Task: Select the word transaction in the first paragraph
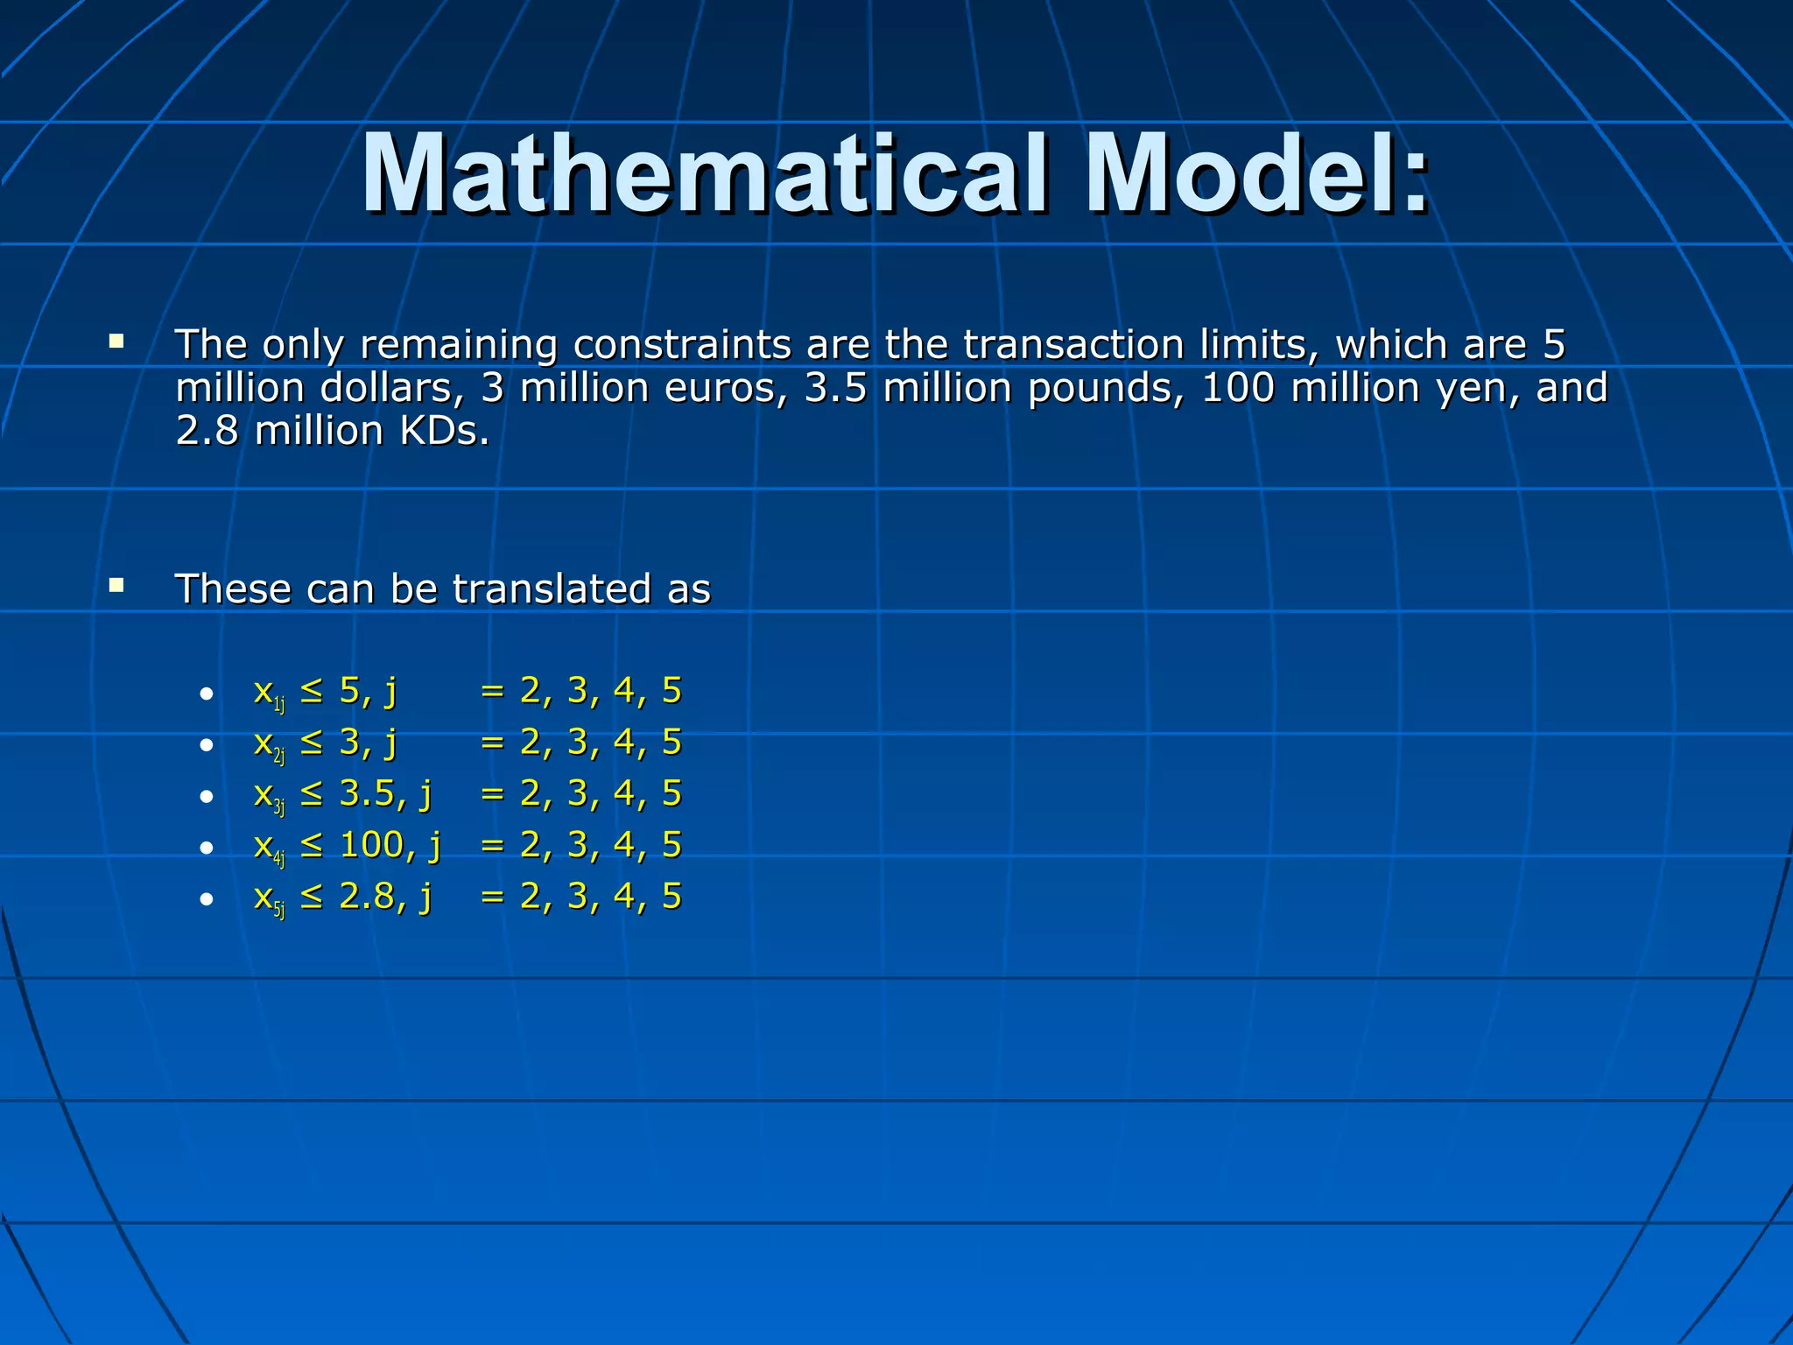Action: pyautogui.click(x=1073, y=344)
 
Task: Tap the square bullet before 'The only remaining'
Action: pyautogui.click(x=116, y=341)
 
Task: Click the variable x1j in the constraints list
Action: pyautogui.click(x=268, y=694)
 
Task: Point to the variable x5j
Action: pyautogui.click(x=268, y=900)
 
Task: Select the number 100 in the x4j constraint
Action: pyautogui.click(x=371, y=845)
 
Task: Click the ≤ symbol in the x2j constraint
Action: pyautogui.click(x=311, y=743)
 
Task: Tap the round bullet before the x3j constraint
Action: pyautogui.click(x=206, y=797)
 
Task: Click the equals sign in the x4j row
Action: pyautogui.click(x=493, y=845)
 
